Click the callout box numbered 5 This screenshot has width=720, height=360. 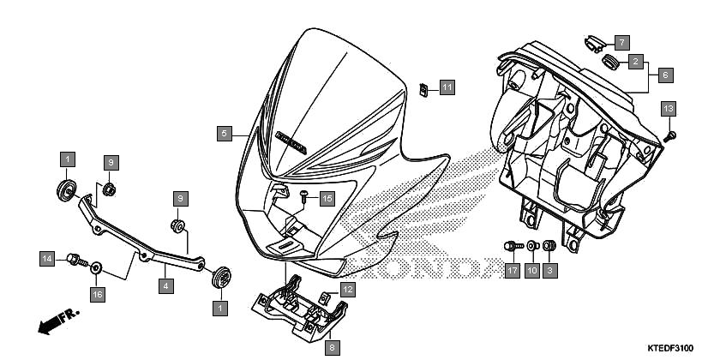tap(224, 134)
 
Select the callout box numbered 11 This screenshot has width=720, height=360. tap(447, 87)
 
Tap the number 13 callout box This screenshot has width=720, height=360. tap(669, 110)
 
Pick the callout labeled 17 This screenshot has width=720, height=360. tap(512, 271)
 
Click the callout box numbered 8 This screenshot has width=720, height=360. tap(332, 348)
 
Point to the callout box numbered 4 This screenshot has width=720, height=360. tap(166, 286)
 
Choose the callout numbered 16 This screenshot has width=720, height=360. tap(97, 294)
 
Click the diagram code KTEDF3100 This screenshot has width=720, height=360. tap(670, 348)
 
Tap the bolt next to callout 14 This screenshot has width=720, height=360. tap(77, 260)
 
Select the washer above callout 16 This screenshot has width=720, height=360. tap(96, 267)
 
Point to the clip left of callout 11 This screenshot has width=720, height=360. tap(423, 89)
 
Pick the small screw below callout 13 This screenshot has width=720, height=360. tap(671, 136)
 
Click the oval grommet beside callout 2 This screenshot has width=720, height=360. tap(610, 62)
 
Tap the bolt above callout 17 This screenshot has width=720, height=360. tap(513, 246)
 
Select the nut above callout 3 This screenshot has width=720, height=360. tap(549, 246)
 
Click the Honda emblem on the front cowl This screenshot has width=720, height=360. tap(291, 142)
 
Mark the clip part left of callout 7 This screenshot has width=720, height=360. tap(594, 44)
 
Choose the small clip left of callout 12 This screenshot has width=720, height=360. tap(325, 299)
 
